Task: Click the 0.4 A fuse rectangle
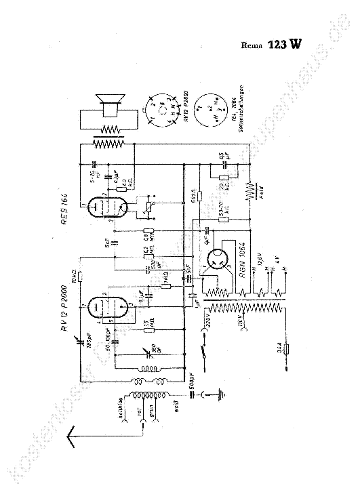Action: (287, 350)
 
